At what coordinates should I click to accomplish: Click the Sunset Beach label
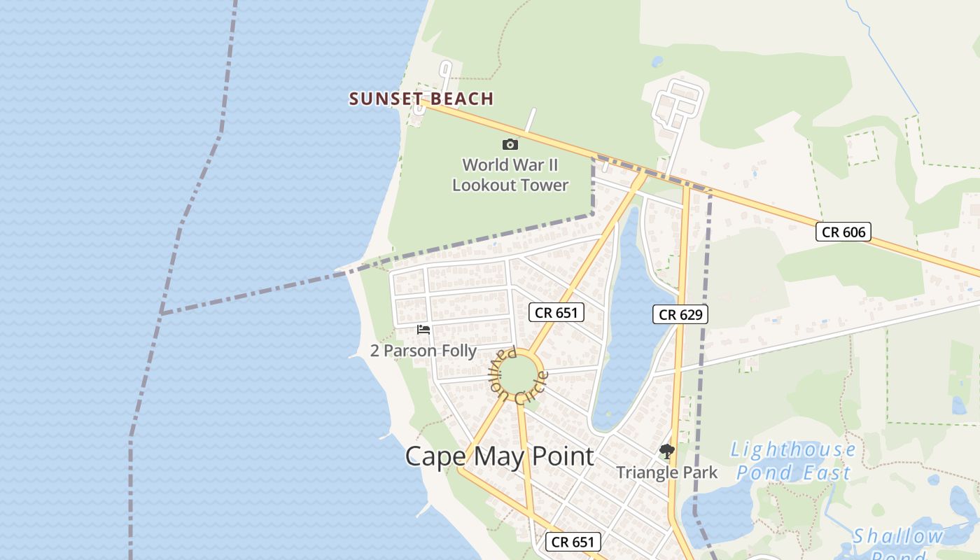point(421,99)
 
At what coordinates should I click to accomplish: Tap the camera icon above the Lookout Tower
point(510,144)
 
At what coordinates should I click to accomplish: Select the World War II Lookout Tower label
point(510,175)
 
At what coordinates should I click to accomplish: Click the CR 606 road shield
point(843,232)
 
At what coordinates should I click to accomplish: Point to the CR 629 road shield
point(680,314)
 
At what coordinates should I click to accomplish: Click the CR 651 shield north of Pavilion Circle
point(556,312)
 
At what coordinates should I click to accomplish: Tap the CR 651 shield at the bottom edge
point(573,541)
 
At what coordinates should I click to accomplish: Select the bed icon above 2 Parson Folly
point(423,330)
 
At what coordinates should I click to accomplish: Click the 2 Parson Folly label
point(423,351)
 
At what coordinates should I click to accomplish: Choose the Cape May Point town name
point(499,456)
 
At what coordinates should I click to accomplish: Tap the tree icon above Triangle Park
point(666,451)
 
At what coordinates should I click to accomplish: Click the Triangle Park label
point(666,472)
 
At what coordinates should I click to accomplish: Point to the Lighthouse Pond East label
point(794,461)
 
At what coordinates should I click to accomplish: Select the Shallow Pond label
point(898,542)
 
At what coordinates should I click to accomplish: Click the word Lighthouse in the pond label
point(794,449)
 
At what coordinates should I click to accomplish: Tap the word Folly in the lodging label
point(457,351)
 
